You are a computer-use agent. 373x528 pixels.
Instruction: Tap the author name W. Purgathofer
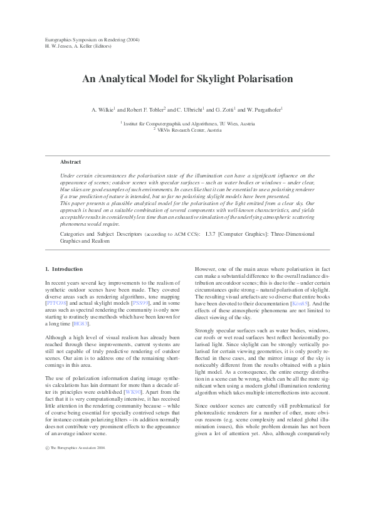pyautogui.click(x=263, y=109)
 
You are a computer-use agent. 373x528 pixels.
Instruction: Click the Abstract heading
pyautogui.click(x=70, y=162)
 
